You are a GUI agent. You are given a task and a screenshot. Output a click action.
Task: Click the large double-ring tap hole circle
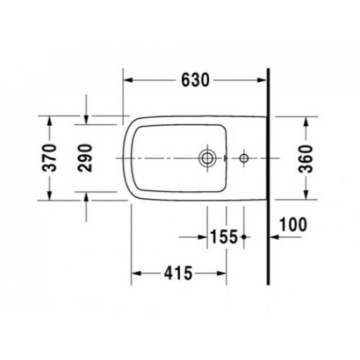tap(207, 158)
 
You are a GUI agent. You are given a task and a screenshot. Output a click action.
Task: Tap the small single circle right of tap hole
tap(243, 158)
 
